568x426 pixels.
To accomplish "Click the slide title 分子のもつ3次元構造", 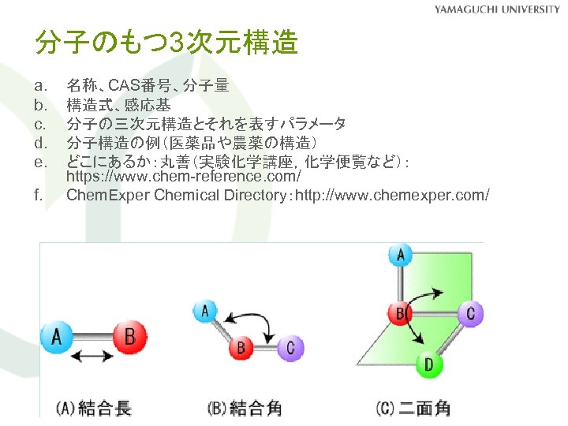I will coord(166,43).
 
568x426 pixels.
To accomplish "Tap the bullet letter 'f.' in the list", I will coord(39,194).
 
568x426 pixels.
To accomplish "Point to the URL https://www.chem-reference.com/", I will coord(184,177).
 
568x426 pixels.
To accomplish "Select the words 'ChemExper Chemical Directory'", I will coord(177,194).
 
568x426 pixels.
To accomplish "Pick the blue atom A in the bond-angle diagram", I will coord(206,311).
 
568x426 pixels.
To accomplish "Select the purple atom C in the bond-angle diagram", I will coord(290,346).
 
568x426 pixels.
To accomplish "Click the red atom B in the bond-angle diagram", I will coord(241,346).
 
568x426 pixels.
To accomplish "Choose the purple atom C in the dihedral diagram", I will coord(470,314).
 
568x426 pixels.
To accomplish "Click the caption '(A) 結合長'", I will coord(94,408).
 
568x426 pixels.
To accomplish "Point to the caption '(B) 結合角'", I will coord(244,408).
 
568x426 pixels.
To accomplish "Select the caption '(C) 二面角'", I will coord(413,408).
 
